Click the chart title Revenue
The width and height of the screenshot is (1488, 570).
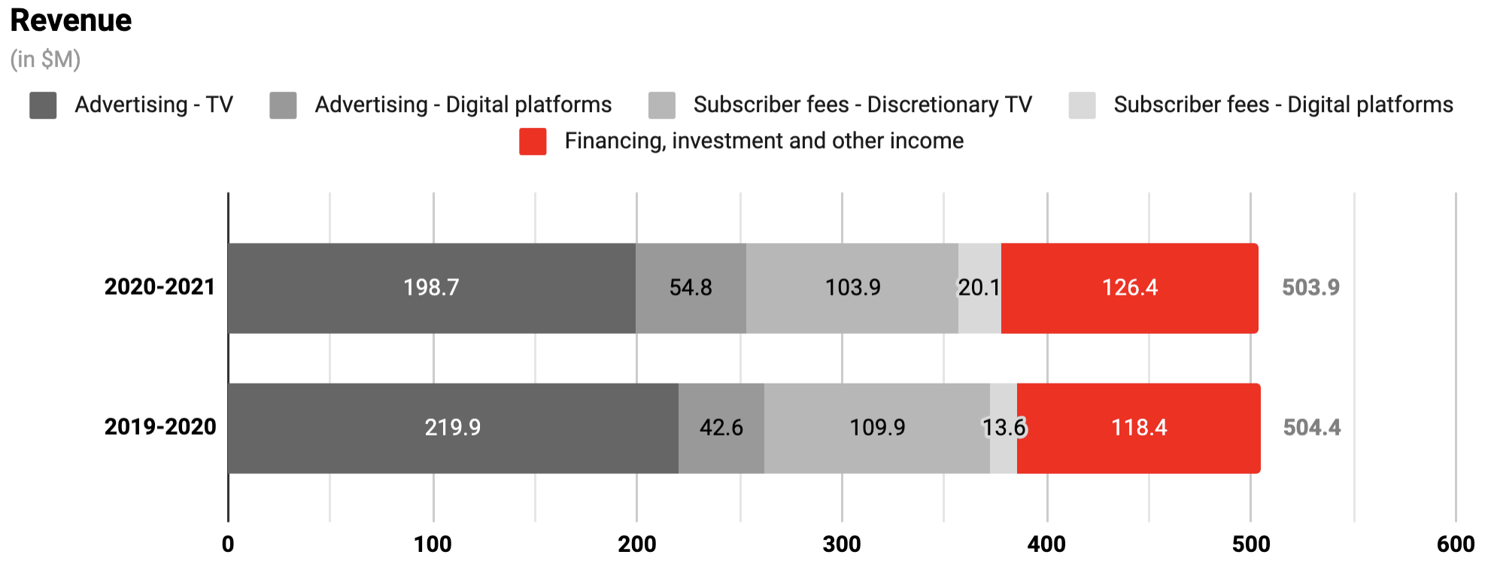coord(71,20)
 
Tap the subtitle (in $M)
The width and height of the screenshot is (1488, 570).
coord(45,59)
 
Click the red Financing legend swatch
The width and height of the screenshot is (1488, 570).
coord(533,141)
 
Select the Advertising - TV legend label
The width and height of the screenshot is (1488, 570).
coord(153,105)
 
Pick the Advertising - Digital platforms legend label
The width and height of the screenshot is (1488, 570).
coord(463,105)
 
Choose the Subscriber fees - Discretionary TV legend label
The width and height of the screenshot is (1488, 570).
coord(862,105)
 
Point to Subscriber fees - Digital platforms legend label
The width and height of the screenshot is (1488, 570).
coord(1283,105)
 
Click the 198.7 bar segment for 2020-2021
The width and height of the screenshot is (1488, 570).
coord(431,288)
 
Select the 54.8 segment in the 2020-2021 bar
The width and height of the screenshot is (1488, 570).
coord(691,288)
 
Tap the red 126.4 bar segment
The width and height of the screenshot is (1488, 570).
coord(1129,288)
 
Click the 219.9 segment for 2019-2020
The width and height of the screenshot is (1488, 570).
coord(452,428)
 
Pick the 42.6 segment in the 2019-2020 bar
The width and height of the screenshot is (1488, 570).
coord(721,428)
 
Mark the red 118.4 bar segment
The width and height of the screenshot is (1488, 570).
coord(1138,428)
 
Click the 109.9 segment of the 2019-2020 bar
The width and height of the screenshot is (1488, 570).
coord(877,428)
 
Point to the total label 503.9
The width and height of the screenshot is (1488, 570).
coord(1310,288)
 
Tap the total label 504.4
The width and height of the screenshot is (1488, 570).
coord(1311,428)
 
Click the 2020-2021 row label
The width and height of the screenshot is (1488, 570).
coord(159,287)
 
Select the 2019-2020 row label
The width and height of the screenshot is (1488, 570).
coord(159,427)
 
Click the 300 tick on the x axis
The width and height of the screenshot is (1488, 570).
coord(842,544)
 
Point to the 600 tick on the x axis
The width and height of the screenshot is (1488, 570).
coord(1455,544)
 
